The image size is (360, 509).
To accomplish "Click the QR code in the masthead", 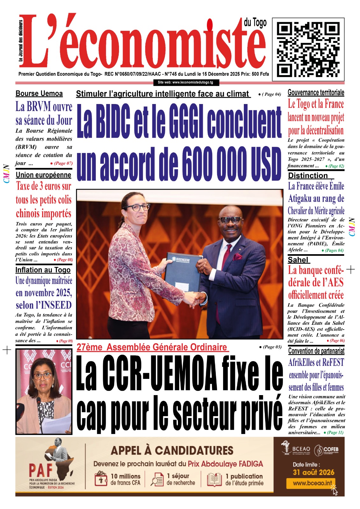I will [x=308, y=48].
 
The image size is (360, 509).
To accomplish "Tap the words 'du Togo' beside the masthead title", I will [x=255, y=23].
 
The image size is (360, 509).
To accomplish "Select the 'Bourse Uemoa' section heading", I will [x=39, y=94].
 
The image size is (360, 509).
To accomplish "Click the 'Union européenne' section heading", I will [x=44, y=175].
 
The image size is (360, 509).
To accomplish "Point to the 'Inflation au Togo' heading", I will [x=43, y=270].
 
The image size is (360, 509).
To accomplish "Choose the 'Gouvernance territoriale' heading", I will [x=316, y=93].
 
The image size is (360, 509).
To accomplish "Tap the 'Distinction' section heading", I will [x=308, y=176].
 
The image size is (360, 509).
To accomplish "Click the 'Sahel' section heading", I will [x=298, y=260].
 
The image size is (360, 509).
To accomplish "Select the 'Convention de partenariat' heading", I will [x=316, y=351].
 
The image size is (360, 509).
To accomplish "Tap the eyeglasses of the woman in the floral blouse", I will [x=137, y=207].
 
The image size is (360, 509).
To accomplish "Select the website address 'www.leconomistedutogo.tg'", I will [x=185, y=82].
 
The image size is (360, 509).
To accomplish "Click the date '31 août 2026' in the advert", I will [x=313, y=472].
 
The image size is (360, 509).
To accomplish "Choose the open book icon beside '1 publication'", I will [x=215, y=479].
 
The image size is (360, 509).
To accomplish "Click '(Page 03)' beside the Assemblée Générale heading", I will [x=271, y=347].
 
